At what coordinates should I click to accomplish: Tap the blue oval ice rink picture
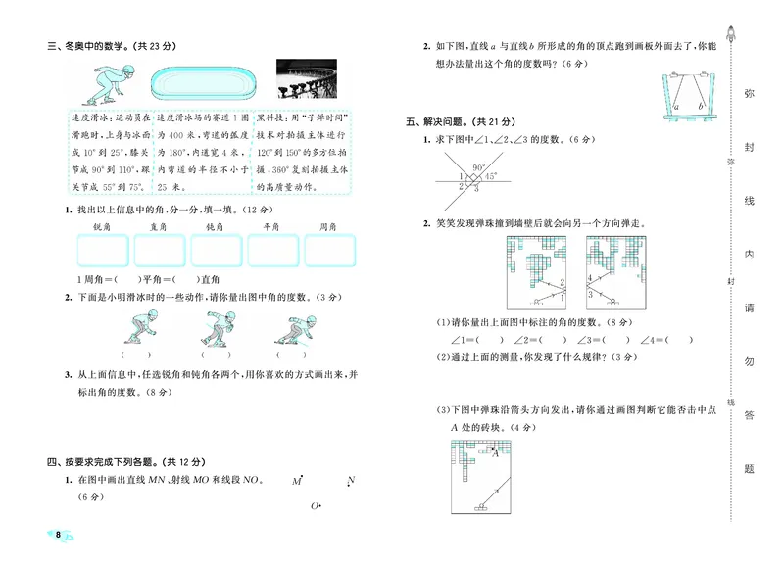205,81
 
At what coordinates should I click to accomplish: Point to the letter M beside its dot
296,481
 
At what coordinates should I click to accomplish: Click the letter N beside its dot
350,481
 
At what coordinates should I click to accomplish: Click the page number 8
59,535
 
